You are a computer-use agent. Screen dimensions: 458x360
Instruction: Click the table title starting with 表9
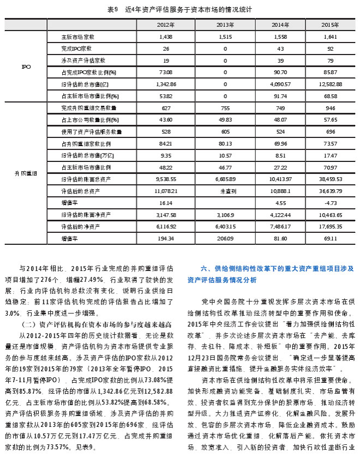(x=179, y=10)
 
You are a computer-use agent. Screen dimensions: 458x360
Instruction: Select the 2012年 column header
(x=166, y=25)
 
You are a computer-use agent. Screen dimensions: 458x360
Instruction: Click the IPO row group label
(x=26, y=67)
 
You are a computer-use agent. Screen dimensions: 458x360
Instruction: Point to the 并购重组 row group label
(x=26, y=173)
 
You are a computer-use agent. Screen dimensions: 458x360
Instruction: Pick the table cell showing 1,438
(x=166, y=37)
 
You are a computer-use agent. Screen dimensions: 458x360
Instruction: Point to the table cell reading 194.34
(x=166, y=238)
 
